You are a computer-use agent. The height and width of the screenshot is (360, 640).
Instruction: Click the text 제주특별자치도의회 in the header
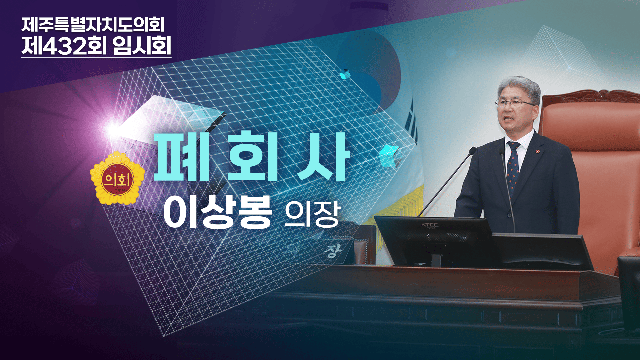93,24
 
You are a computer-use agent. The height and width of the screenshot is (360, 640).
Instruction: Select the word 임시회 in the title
142,46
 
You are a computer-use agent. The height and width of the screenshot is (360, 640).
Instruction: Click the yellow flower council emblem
117,178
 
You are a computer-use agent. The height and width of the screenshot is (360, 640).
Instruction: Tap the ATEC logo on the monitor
430,226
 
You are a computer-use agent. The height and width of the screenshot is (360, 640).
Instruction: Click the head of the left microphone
472,151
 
